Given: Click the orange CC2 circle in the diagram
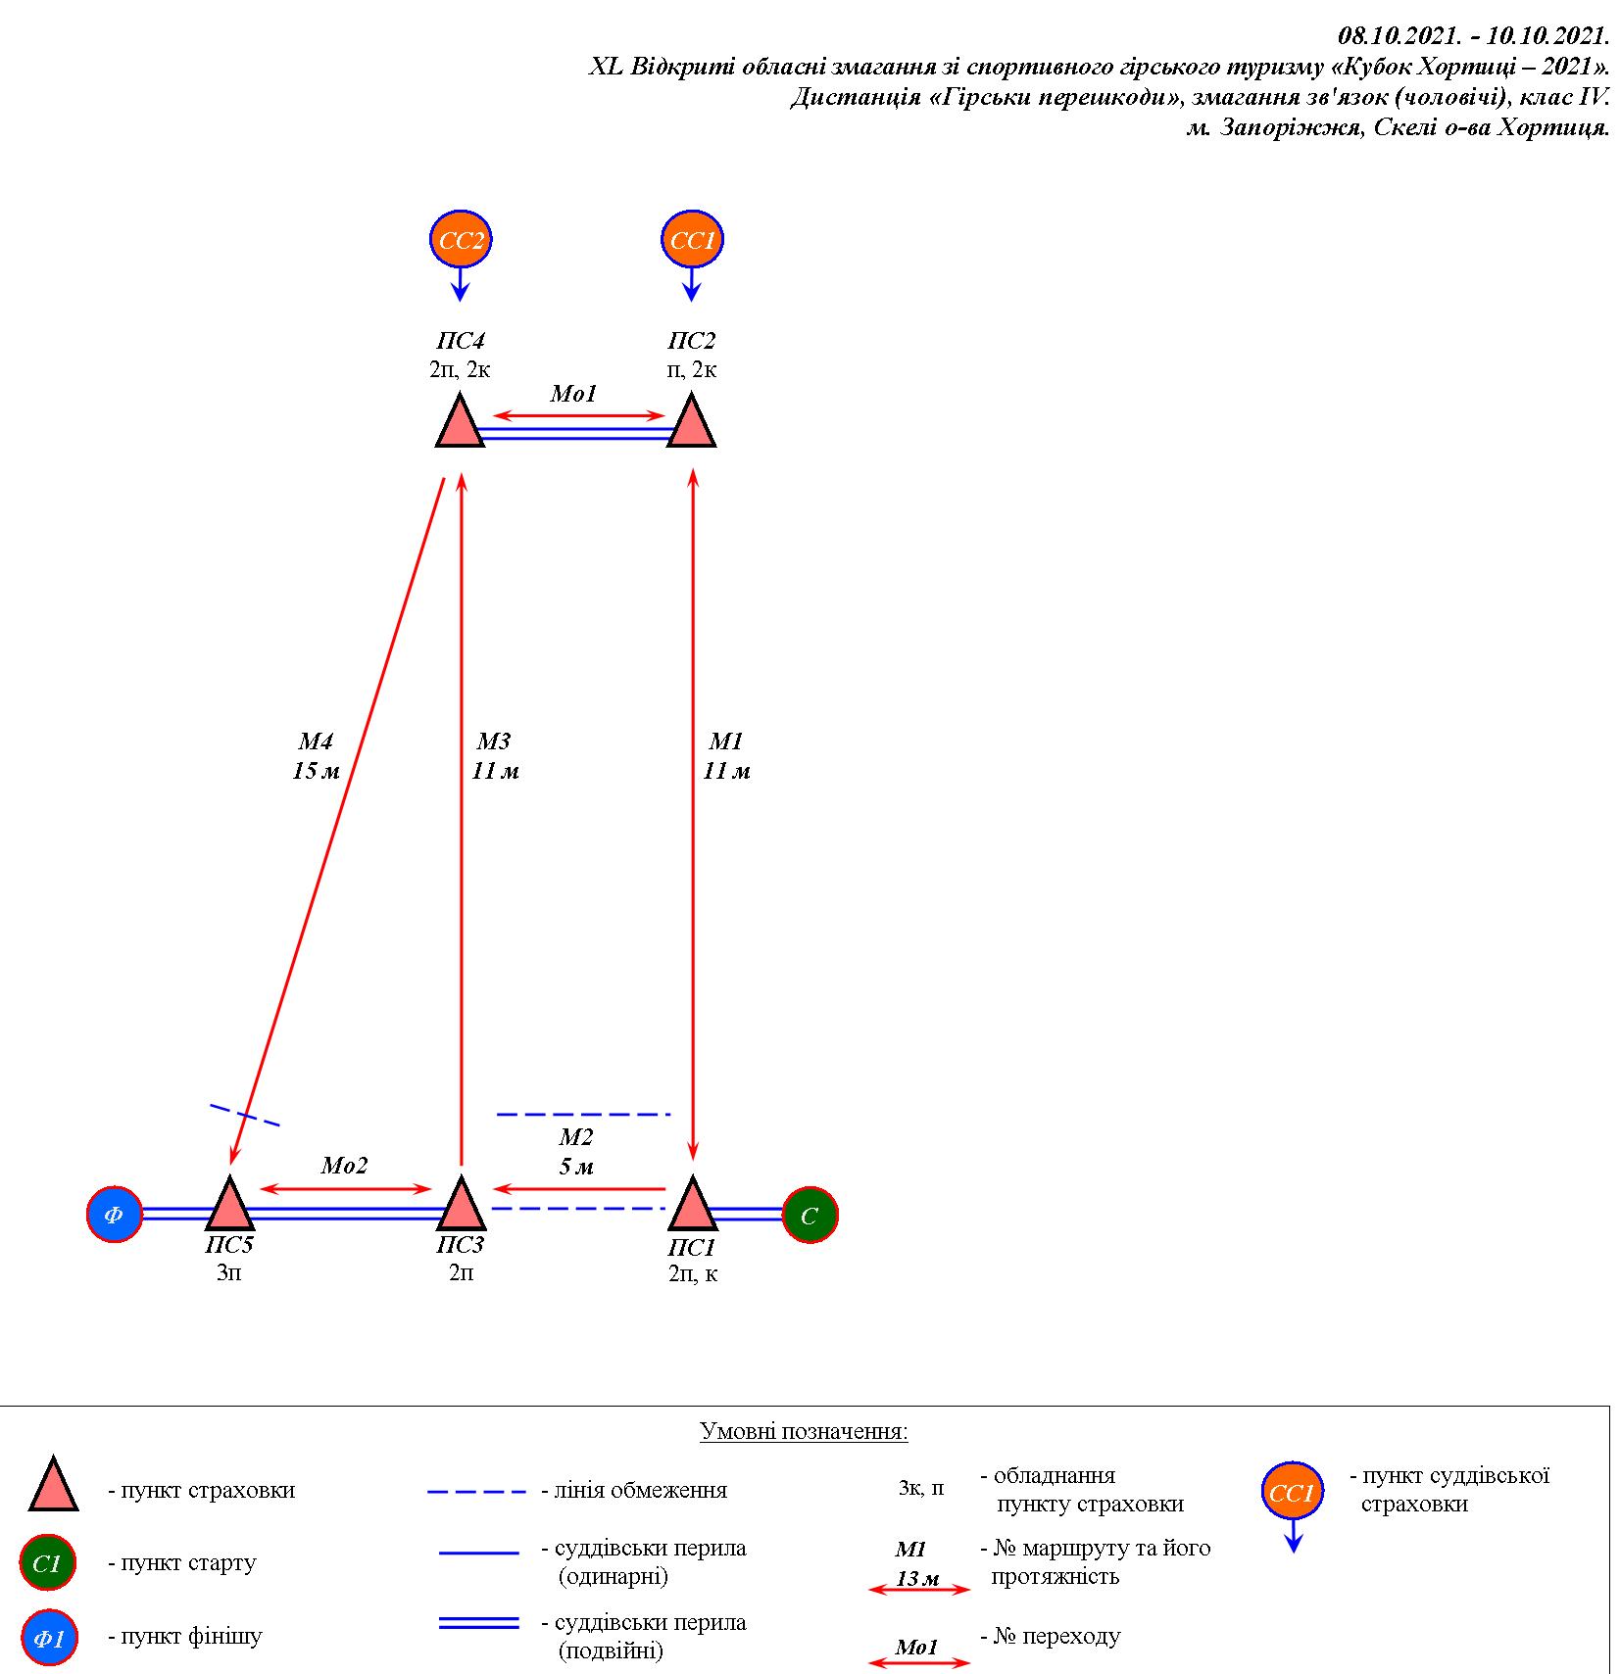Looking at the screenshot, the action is tap(461, 239).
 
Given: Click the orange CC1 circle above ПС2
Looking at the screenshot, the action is tap(692, 239).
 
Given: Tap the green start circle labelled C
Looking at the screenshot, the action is tap(810, 1215).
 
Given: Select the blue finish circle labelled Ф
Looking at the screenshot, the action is tap(115, 1215).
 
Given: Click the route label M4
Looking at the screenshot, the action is tap(316, 741).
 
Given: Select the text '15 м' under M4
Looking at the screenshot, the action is tap(316, 771).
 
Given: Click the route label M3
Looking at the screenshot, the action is tap(494, 741).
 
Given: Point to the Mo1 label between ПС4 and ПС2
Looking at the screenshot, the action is tap(573, 394).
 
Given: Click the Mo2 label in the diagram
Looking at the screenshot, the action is tap(344, 1166).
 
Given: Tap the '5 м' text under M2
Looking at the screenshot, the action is tap(576, 1167).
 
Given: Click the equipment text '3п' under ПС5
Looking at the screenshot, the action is tap(228, 1273).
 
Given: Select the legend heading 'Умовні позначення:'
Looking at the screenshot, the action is tap(804, 1431).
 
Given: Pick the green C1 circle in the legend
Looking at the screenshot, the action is tap(47, 1563).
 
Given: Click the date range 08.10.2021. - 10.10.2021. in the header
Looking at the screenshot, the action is tap(1474, 37).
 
